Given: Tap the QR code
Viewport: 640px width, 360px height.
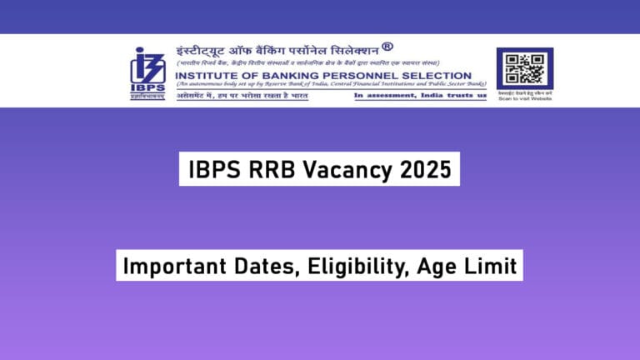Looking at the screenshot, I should click(524, 67).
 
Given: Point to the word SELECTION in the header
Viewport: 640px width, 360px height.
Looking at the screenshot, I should click(441, 76).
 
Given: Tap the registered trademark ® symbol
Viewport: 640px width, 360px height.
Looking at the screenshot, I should click(387, 47).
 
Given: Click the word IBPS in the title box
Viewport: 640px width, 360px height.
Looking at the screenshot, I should click(216, 170).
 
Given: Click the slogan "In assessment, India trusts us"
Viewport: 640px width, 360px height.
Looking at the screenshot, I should click(420, 96).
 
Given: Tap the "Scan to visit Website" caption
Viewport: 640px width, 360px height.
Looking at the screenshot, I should click(524, 99).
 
